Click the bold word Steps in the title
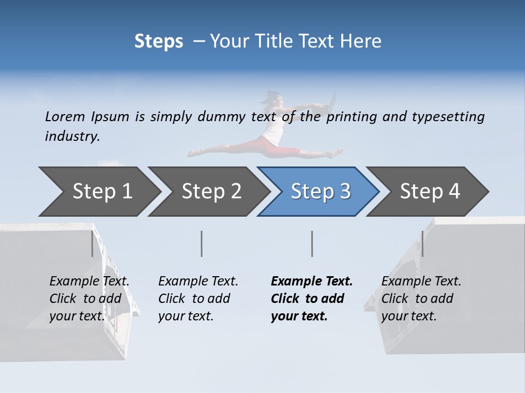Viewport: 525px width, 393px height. coord(159,41)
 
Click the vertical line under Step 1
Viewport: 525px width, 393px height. coord(92,243)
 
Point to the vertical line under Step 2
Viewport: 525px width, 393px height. coord(202,243)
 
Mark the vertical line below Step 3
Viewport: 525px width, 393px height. coord(312,243)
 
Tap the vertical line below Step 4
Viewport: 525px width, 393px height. coord(422,243)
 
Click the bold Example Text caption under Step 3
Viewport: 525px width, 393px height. coord(312,299)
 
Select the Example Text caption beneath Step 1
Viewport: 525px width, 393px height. coord(89,299)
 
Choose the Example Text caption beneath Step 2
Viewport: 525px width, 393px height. coord(198,299)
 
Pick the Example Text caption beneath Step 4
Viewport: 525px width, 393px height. coord(421,299)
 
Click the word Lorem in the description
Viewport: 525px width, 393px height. coord(65,117)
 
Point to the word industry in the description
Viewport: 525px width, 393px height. coord(72,136)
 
